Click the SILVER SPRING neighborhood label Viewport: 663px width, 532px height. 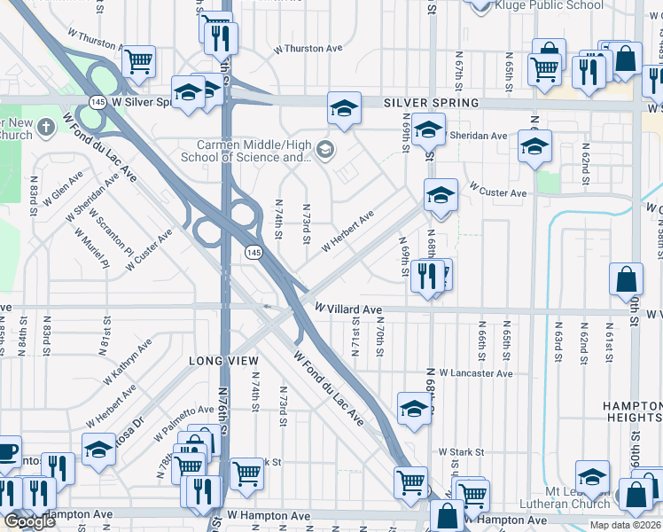coord(431,103)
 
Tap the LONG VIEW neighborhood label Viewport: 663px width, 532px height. coord(223,361)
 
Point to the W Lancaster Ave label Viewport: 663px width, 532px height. coord(474,373)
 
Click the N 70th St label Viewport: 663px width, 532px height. coord(378,337)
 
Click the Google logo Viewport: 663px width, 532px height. coord(29,521)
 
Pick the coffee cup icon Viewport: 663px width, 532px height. coord(7,451)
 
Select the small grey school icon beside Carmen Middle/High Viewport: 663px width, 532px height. coord(324,149)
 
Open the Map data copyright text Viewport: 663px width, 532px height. coord(626,525)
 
